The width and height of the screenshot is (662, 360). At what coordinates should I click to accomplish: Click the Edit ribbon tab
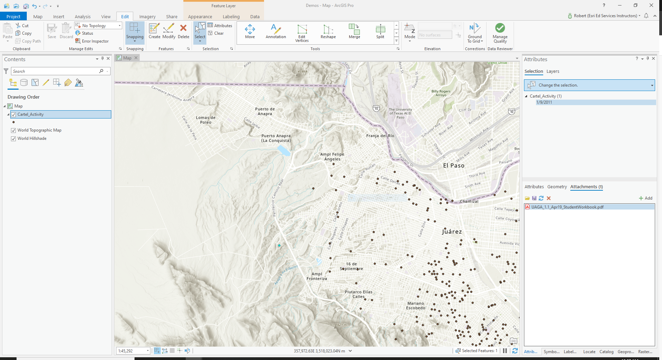pos(125,16)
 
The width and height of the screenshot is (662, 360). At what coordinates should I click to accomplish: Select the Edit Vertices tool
pos(302,33)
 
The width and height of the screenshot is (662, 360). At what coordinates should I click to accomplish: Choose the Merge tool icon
pos(354,29)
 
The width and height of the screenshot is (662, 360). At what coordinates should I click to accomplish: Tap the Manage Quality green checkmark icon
pos(500,28)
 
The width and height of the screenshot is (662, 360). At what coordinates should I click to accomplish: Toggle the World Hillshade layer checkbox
pos(13,138)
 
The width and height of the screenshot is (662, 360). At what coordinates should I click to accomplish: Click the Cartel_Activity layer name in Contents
pos(31,114)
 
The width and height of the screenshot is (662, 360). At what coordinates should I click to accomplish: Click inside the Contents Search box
pos(55,71)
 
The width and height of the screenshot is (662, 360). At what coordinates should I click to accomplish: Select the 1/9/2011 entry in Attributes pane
pos(544,102)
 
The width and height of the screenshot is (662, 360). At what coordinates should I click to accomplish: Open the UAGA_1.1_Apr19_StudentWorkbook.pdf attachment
pos(567,207)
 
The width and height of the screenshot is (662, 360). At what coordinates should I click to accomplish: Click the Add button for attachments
pos(646,198)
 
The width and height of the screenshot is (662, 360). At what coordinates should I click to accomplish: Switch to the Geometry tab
pos(557,187)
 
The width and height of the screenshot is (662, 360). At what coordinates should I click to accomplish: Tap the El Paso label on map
pos(454,166)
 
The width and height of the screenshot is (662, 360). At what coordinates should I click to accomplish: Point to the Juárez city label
pos(452,232)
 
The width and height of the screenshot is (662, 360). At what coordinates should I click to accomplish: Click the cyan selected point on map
pos(279,246)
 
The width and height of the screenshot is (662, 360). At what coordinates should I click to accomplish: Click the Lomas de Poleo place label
pos(206,120)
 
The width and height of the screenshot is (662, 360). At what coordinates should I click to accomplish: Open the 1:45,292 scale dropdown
pos(148,351)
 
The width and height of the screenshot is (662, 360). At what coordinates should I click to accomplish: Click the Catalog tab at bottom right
pos(606,352)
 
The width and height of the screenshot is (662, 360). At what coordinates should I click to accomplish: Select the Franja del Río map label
pos(380,136)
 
